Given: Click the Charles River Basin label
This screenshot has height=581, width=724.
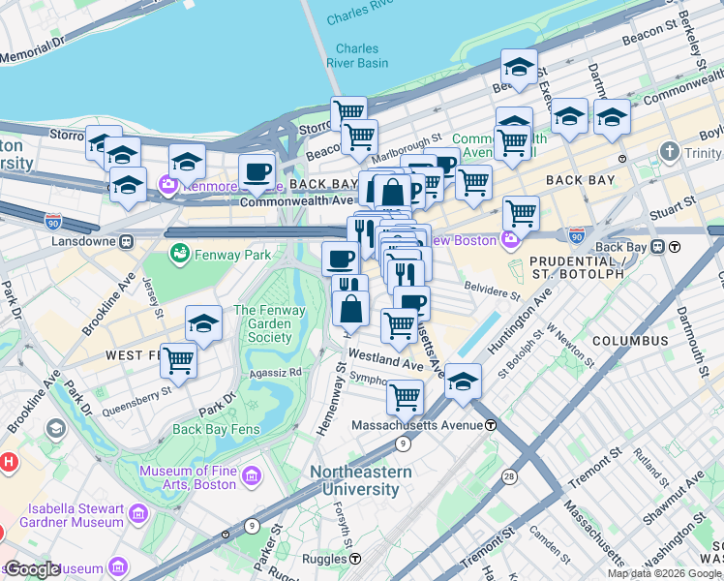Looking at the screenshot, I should click(x=362, y=56).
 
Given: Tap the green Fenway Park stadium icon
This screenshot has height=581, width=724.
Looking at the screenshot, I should click(x=178, y=254).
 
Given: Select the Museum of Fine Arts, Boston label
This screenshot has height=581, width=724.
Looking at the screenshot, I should click(x=188, y=477).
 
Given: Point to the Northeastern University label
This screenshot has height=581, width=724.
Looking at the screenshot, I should click(x=360, y=479).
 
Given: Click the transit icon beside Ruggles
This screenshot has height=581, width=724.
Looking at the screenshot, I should click(x=355, y=559).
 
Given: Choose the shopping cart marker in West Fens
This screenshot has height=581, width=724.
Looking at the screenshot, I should click(x=178, y=360).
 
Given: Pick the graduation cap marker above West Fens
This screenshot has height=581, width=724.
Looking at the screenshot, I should click(x=203, y=323).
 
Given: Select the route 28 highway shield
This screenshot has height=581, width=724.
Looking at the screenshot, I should click(x=510, y=476).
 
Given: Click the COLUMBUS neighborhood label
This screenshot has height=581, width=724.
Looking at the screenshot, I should click(x=630, y=341).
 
